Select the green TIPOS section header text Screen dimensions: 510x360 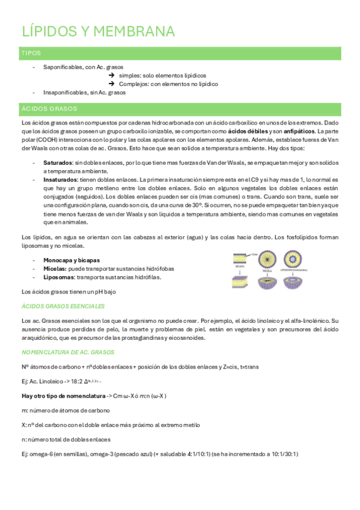point(31,54)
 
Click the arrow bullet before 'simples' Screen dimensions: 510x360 point(112,75)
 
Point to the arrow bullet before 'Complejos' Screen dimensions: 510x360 point(112,84)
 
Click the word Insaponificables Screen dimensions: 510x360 point(64,93)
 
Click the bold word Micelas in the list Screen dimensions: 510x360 point(55,268)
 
